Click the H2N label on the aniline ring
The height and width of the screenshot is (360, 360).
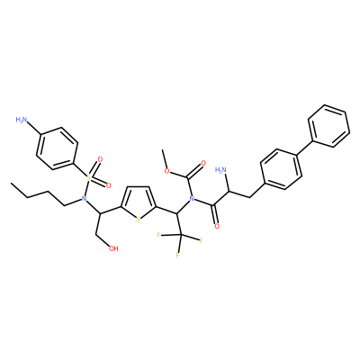pos(22,120)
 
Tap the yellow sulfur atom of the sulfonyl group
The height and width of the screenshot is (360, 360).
pos(88,177)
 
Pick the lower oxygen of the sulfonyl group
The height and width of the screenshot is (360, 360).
pos(108,185)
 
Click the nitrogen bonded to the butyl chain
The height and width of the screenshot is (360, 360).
pos(85,198)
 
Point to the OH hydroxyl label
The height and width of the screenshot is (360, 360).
pos(113,248)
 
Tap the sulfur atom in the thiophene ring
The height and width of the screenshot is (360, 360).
pos(138,220)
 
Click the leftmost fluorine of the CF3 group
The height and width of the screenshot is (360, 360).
pos(158,234)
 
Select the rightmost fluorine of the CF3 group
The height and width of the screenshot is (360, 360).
pos(201,240)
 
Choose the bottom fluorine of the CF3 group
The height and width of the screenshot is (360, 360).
pos(177,256)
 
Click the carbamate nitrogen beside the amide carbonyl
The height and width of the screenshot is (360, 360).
pos(193,198)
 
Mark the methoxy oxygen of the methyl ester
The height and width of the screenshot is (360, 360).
pos(168,172)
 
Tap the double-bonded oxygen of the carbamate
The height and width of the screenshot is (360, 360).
pos(203,163)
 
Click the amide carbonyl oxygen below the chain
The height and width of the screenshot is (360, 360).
pos(217,226)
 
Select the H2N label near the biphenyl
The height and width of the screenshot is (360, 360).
pos(221,170)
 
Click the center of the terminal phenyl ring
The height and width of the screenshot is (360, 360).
pos(328,126)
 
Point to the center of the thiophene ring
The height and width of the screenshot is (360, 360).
pos(138,202)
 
